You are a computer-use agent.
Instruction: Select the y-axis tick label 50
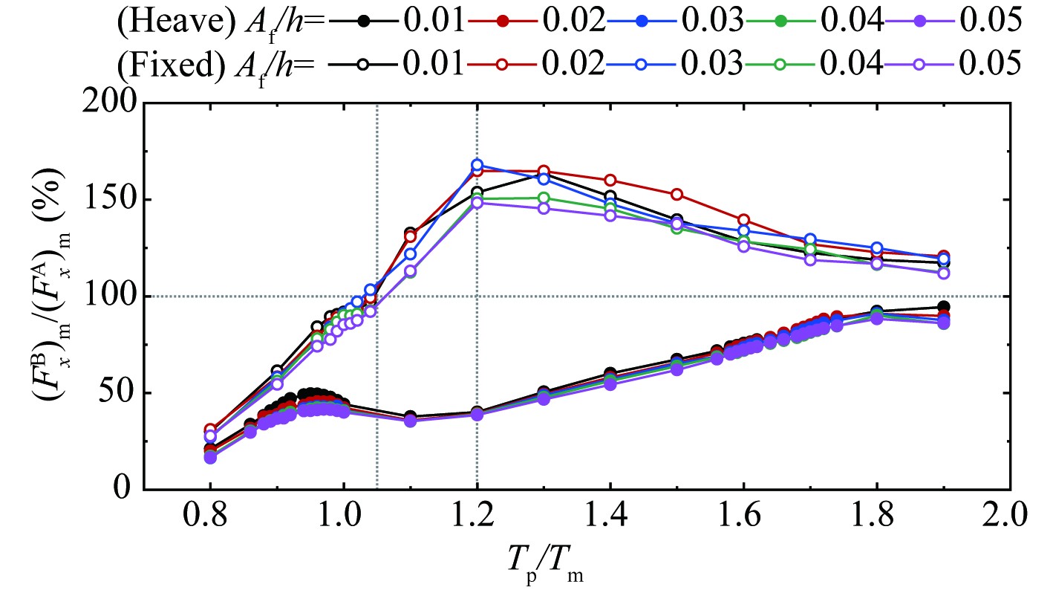[119, 393]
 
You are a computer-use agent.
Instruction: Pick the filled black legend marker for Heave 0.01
[363, 20]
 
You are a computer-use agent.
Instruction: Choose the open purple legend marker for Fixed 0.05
[919, 64]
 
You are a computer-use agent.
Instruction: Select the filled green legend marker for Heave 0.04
[780, 20]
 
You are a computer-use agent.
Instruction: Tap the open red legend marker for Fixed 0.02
[502, 64]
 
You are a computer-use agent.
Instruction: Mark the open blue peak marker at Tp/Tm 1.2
[477, 165]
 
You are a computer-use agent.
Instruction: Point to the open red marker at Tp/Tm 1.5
[677, 195]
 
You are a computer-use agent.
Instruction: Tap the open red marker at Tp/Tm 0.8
[210, 430]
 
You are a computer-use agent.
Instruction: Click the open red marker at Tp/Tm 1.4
[610, 180]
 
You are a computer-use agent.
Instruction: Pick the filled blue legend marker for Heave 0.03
[642, 20]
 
